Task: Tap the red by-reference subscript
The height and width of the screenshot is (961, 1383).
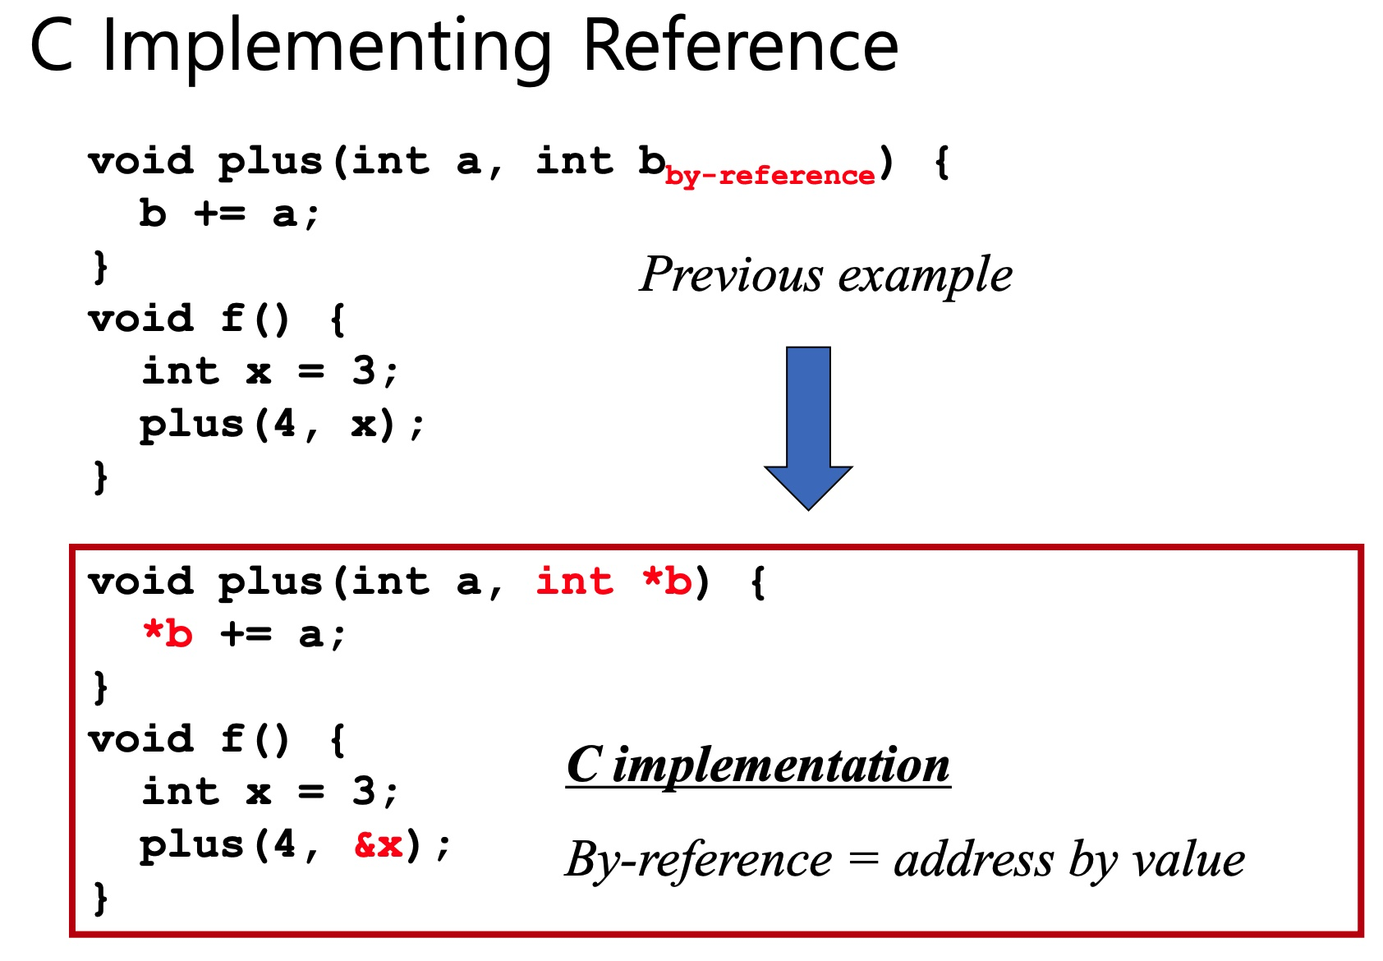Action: (770, 176)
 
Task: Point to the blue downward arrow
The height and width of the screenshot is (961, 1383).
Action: (808, 427)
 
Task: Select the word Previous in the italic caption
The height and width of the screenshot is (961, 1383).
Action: (731, 274)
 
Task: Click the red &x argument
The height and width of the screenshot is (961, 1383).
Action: (379, 844)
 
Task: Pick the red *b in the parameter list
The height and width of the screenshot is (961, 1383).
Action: (667, 582)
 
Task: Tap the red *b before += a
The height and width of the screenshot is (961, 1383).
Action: (168, 634)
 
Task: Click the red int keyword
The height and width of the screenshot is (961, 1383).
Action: (574, 582)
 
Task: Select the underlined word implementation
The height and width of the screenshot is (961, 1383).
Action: (781, 765)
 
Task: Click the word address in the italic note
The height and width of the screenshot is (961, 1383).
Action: (973, 860)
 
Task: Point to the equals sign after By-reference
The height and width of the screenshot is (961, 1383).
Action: (863, 860)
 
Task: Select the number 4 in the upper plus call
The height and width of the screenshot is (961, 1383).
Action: (284, 424)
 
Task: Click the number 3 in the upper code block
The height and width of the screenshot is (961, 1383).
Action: (363, 371)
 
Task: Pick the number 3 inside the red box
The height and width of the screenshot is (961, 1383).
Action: (363, 792)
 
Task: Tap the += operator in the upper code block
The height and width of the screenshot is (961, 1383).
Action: (219, 214)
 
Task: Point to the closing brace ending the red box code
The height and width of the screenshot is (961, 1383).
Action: (100, 897)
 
